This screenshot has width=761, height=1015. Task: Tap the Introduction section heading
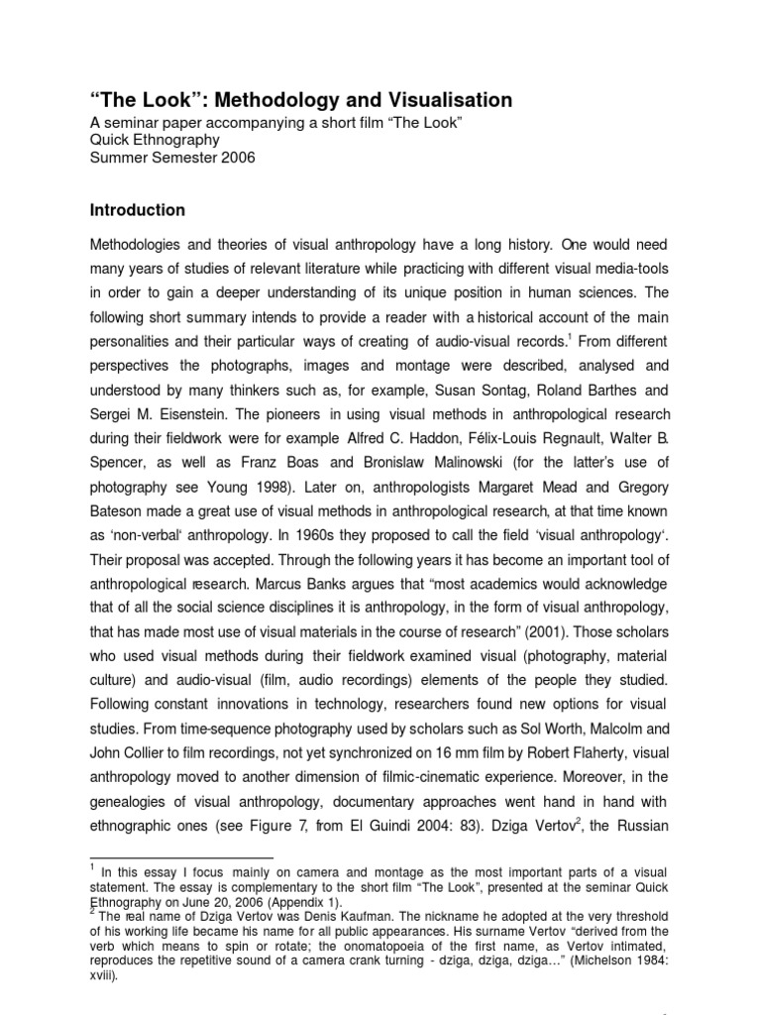coord(138,210)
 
